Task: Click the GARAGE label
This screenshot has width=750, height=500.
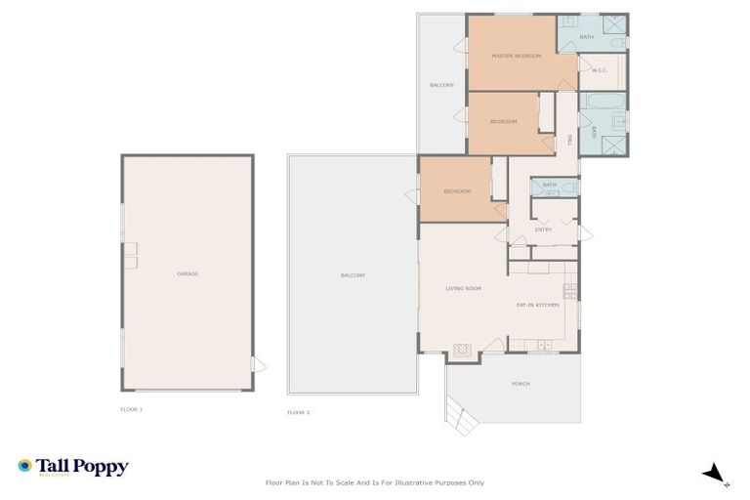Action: [187, 273]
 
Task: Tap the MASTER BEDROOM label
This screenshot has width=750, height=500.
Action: [517, 56]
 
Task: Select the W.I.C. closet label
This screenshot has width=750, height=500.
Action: [600, 70]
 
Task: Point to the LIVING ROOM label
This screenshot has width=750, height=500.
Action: [464, 288]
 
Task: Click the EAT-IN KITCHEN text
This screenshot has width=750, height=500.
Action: [537, 306]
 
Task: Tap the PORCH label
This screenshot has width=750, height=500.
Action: [521, 384]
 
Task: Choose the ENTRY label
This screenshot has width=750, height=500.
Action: [544, 229]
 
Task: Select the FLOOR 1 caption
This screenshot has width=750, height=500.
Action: [132, 409]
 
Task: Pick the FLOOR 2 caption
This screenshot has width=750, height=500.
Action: [299, 413]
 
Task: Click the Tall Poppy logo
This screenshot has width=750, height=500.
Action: [73, 467]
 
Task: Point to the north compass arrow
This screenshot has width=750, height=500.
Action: [716, 475]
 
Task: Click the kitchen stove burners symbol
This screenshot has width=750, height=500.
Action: [570, 290]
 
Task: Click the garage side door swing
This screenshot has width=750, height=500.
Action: [259, 365]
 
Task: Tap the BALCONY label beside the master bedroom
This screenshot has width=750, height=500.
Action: [441, 85]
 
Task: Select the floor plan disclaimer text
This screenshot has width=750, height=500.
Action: [375, 482]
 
